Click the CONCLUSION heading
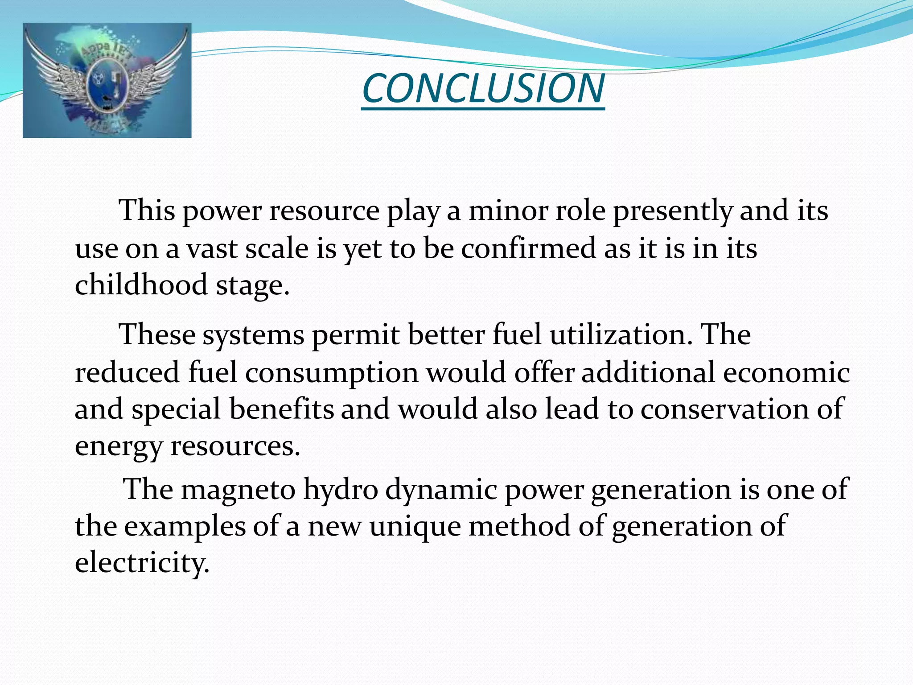[x=483, y=88]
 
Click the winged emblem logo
[x=107, y=80]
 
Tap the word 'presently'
[x=672, y=211]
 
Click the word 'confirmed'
[x=528, y=248]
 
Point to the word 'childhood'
[x=141, y=285]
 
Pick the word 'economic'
[x=786, y=372]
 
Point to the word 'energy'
[x=119, y=446]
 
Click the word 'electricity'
[x=142, y=563]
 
